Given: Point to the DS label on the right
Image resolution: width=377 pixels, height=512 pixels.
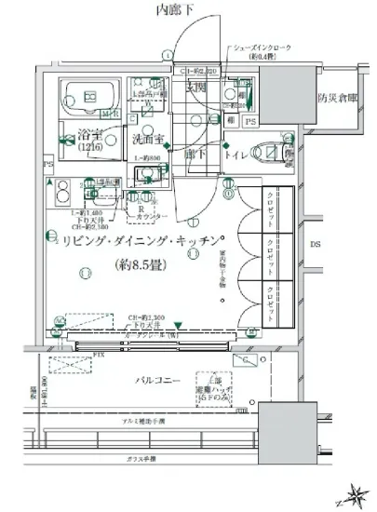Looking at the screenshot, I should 314,244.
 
